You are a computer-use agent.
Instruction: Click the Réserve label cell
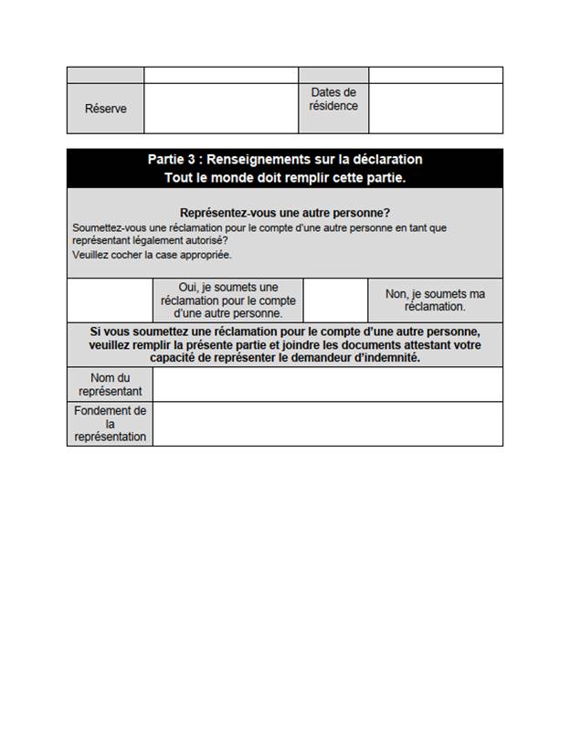(x=105, y=109)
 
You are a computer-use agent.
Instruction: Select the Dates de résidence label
(x=333, y=99)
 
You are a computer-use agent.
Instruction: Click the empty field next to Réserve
(x=221, y=109)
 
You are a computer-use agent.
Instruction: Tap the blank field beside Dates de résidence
(x=436, y=109)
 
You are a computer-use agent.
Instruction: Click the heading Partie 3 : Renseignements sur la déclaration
(x=284, y=160)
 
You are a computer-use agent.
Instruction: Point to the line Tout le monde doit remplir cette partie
(x=284, y=177)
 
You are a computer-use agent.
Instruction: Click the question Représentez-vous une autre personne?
(x=284, y=212)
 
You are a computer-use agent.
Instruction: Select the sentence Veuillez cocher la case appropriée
(x=151, y=255)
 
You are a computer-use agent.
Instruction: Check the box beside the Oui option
(x=110, y=300)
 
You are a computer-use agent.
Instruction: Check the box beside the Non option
(x=335, y=300)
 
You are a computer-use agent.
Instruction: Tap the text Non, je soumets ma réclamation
(x=435, y=300)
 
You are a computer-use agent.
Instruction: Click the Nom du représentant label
(x=110, y=385)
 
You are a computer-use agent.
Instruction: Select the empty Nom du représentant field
(x=328, y=385)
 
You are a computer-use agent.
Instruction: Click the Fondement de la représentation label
(x=110, y=424)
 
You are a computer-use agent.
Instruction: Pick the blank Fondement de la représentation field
(x=328, y=424)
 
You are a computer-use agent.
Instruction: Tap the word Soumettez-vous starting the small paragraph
(x=102, y=227)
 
